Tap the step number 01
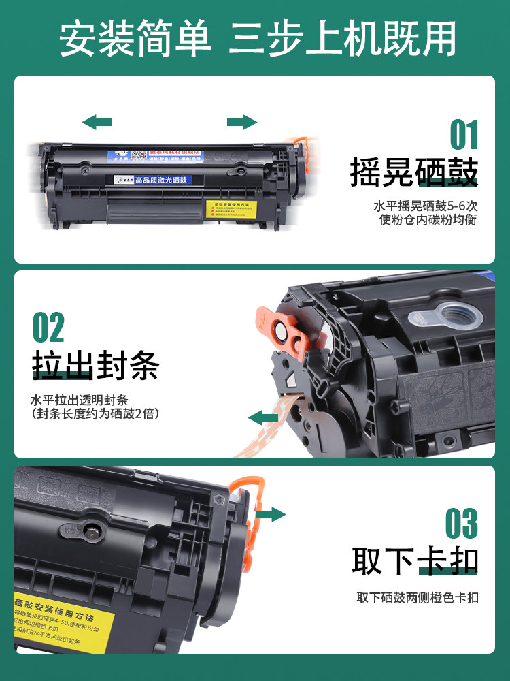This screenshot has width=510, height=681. (464, 136)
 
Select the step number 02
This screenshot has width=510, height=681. (48, 328)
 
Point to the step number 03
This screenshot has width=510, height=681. (462, 524)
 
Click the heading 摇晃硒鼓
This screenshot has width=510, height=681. (413, 173)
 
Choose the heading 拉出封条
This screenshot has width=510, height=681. (96, 366)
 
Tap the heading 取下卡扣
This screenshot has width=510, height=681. (415, 561)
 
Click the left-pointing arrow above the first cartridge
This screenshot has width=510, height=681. (97, 123)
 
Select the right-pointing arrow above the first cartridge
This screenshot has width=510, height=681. (242, 123)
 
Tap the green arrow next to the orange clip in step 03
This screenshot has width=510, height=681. (271, 514)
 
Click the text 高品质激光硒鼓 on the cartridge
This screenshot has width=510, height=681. (165, 180)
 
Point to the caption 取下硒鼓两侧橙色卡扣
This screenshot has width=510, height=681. (418, 598)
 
